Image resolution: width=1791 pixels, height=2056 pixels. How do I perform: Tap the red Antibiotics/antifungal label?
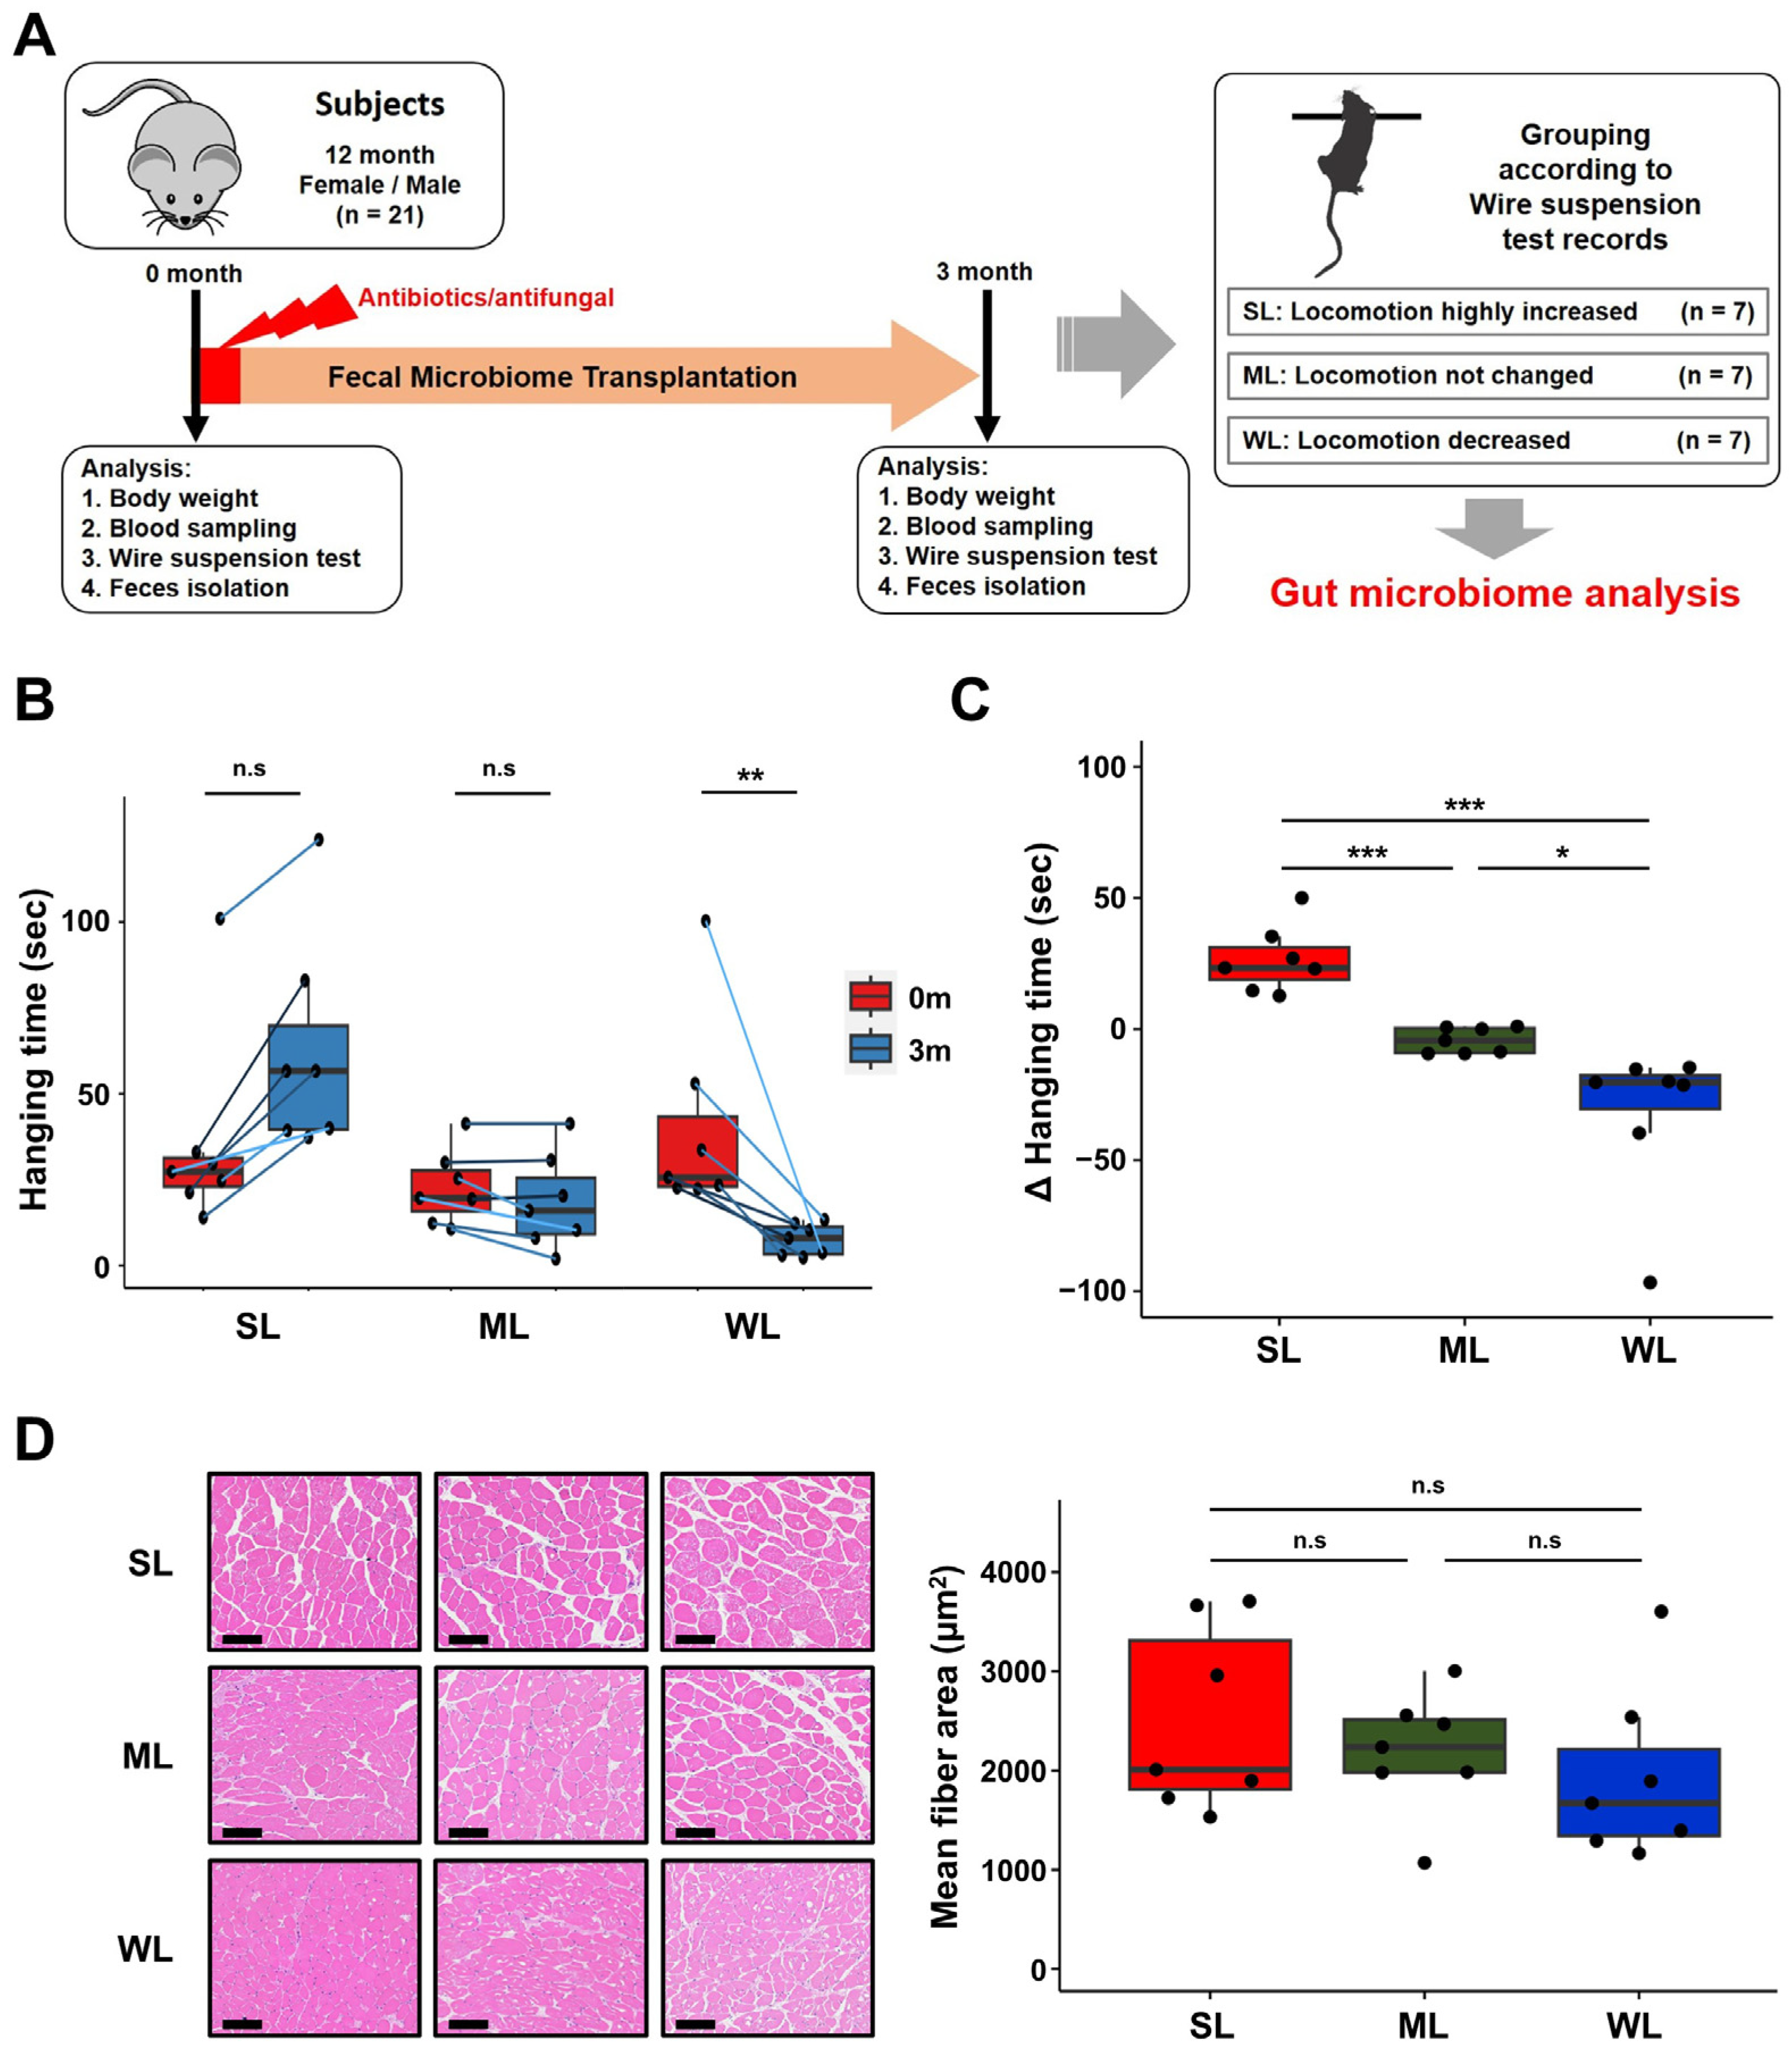[486, 298]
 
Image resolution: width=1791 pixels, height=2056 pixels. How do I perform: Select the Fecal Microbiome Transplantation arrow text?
[562, 377]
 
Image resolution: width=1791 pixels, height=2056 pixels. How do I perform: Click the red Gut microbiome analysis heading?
[1504, 593]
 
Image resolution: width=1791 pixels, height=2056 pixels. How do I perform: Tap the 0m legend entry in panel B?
[899, 998]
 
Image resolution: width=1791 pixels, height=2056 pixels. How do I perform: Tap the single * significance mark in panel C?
[1562, 853]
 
